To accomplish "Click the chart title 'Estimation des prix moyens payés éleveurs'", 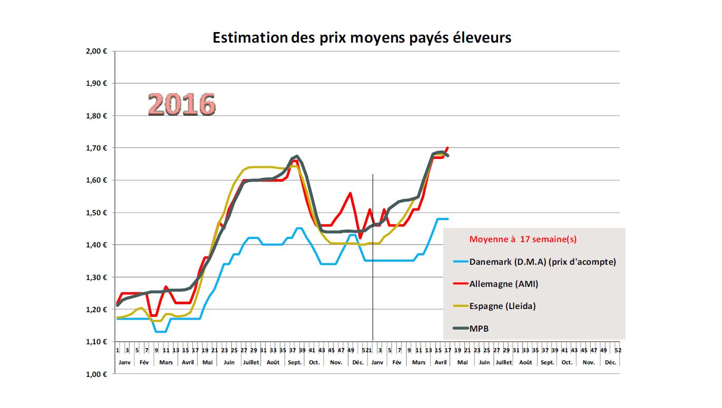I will tap(362, 38).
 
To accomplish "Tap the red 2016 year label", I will tap(182, 104).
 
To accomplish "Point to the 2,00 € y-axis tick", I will tap(96, 51).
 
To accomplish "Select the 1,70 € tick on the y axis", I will tap(96, 148).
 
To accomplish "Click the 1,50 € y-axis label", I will tap(96, 213).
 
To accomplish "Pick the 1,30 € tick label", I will tap(96, 277).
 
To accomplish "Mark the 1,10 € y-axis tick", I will tap(96, 342).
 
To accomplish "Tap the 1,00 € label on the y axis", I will tap(96, 374).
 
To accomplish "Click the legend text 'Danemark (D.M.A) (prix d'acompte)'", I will tap(542, 262).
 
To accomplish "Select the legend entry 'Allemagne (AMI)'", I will tap(504, 284).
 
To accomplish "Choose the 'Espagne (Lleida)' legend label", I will tap(502, 306).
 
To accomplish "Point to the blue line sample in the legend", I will tap(460, 262).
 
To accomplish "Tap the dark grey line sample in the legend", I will tap(460, 329).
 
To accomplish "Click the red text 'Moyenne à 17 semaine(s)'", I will tap(523, 239).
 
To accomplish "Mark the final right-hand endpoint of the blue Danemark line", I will tap(448, 218).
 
